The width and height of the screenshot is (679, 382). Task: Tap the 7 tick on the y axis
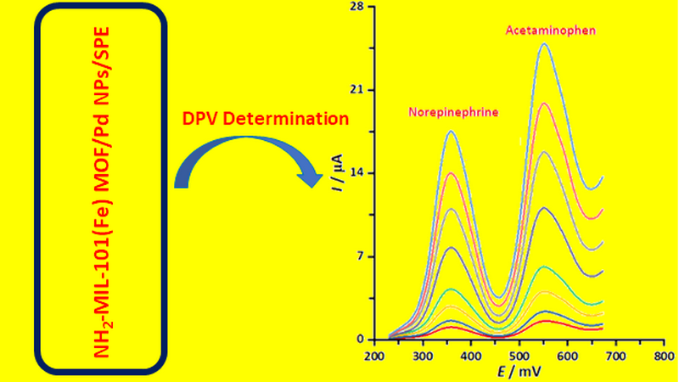(361, 256)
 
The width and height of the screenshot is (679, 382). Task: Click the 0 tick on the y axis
(361, 340)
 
